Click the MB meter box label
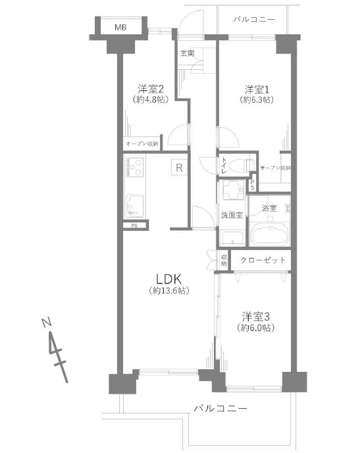point(120,28)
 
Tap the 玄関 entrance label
point(188,53)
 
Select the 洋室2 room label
point(151,88)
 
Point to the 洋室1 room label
point(257,89)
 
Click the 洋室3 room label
point(255,317)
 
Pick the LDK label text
point(168,279)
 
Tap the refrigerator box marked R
point(179,167)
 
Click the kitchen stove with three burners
point(134,167)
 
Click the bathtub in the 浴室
point(269,234)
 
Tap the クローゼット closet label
point(263,260)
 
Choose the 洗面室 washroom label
point(232,215)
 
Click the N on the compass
point(46,322)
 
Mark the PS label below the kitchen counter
point(134,226)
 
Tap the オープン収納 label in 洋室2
point(142,144)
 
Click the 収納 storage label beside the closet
point(224,260)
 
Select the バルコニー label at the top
point(254,20)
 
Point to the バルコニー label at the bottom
point(220,409)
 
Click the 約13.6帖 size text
point(168,290)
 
